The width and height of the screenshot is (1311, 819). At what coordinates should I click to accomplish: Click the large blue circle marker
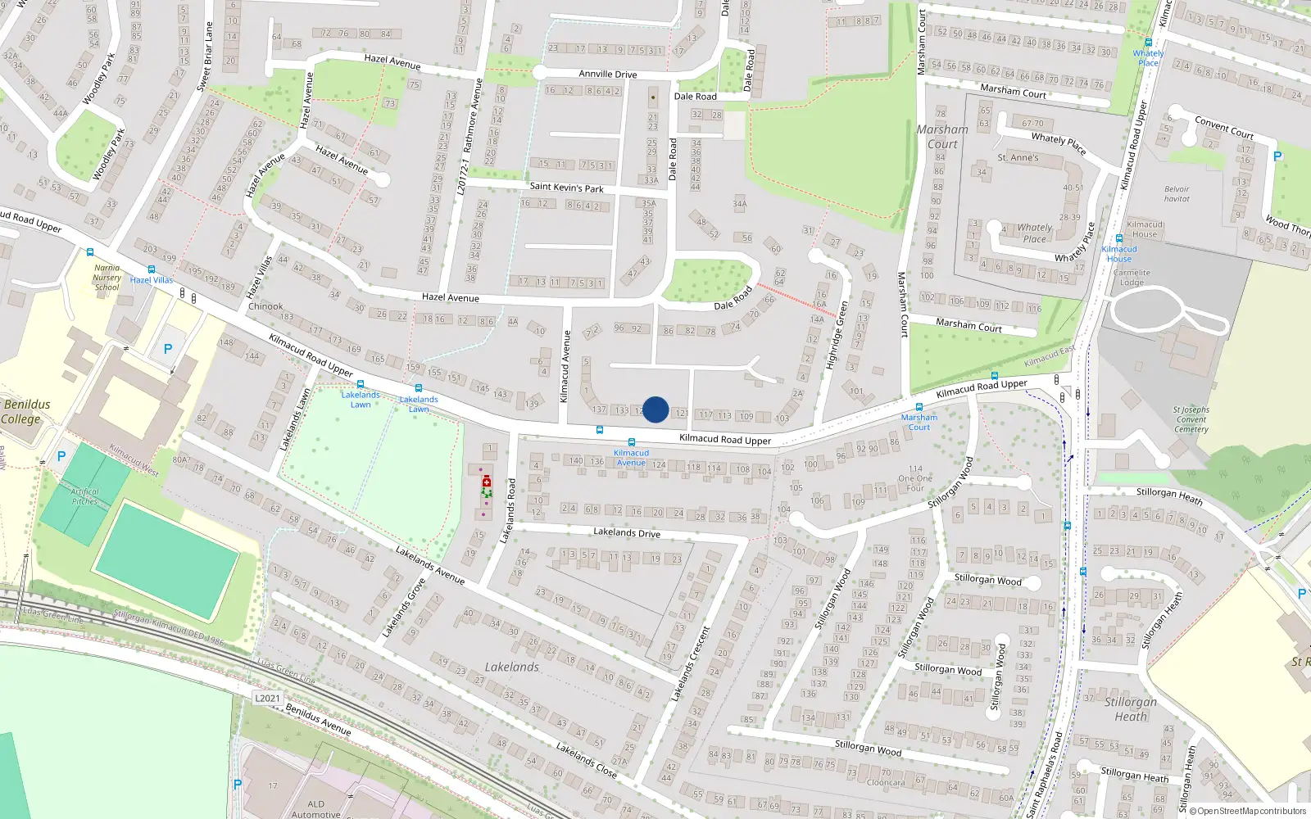(x=655, y=409)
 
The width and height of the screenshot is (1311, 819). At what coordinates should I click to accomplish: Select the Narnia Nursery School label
(x=107, y=278)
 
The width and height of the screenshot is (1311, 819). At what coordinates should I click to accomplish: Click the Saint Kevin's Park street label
(x=566, y=188)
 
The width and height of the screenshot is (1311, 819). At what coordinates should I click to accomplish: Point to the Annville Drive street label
(x=607, y=74)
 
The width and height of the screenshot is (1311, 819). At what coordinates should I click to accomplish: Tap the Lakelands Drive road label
(x=626, y=532)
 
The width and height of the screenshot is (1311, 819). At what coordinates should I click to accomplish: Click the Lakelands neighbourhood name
(x=511, y=667)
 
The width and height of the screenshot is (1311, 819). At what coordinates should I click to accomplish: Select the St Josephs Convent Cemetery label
(x=1191, y=419)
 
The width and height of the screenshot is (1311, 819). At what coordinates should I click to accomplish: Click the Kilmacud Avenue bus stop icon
(x=632, y=442)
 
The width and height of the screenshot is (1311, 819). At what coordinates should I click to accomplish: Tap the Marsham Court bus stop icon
(x=919, y=407)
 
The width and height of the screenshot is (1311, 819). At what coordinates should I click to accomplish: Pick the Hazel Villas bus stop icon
(x=152, y=269)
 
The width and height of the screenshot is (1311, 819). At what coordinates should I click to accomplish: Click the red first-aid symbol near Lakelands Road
(x=487, y=481)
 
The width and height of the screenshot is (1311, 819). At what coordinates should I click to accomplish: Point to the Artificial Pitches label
(x=84, y=496)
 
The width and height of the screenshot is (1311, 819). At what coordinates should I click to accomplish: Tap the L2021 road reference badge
(x=267, y=699)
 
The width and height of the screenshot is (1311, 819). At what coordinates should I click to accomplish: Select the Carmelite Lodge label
(x=1132, y=278)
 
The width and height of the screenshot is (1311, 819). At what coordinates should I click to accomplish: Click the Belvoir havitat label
(x=1177, y=194)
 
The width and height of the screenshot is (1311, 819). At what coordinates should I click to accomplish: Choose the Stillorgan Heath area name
(x=1131, y=708)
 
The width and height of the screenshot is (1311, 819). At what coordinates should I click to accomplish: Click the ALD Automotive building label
(x=315, y=808)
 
